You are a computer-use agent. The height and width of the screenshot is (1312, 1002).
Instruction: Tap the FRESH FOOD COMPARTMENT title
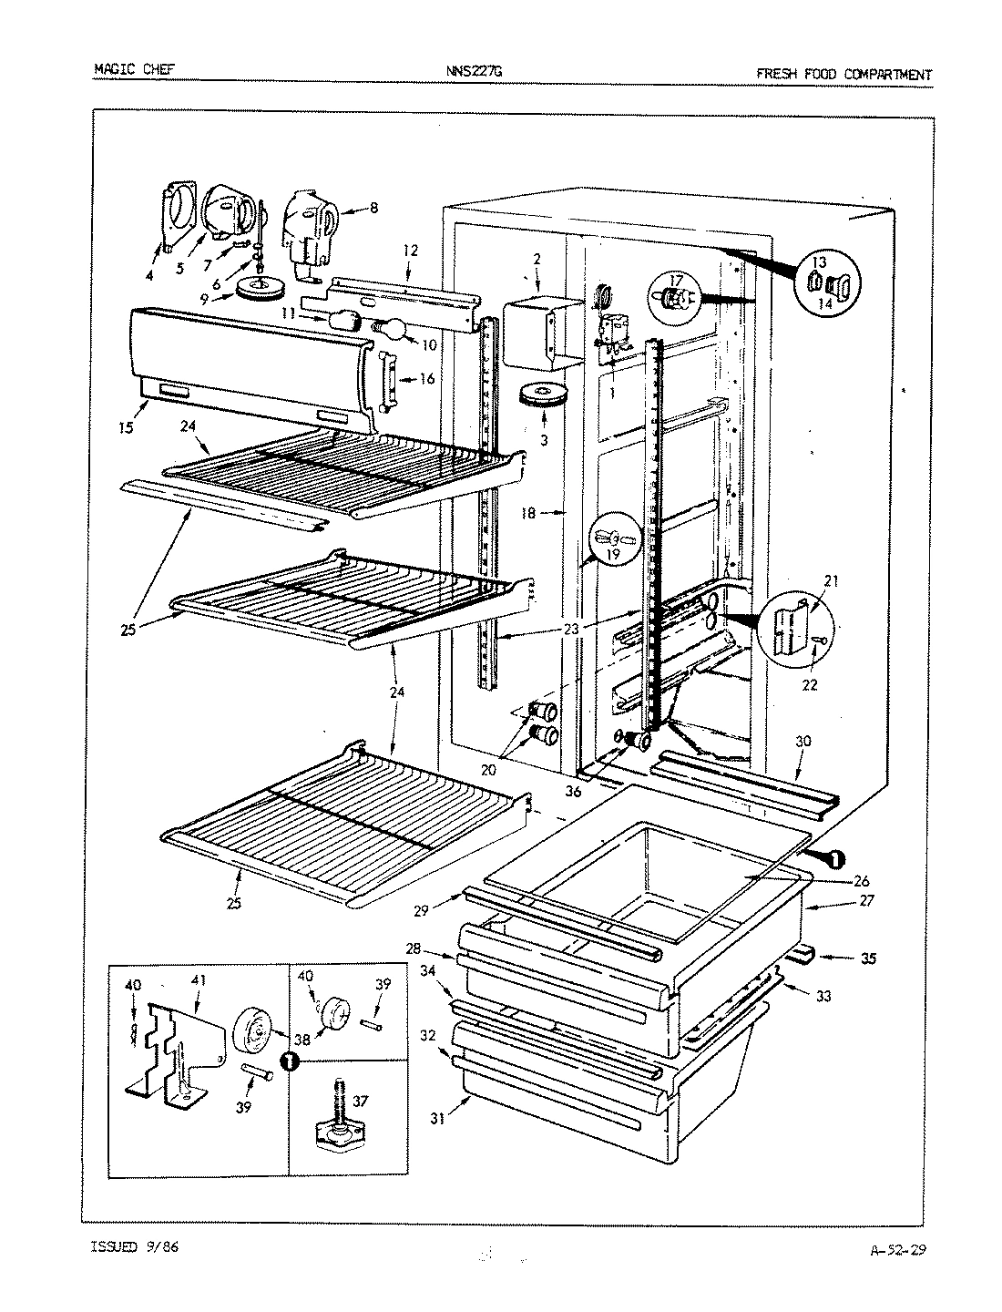(x=844, y=75)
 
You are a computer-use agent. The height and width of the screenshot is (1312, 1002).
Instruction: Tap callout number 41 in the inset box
(x=199, y=980)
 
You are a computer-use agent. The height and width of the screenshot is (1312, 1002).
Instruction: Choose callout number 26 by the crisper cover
(x=861, y=881)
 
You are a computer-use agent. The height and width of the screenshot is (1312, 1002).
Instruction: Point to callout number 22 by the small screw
(x=811, y=685)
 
